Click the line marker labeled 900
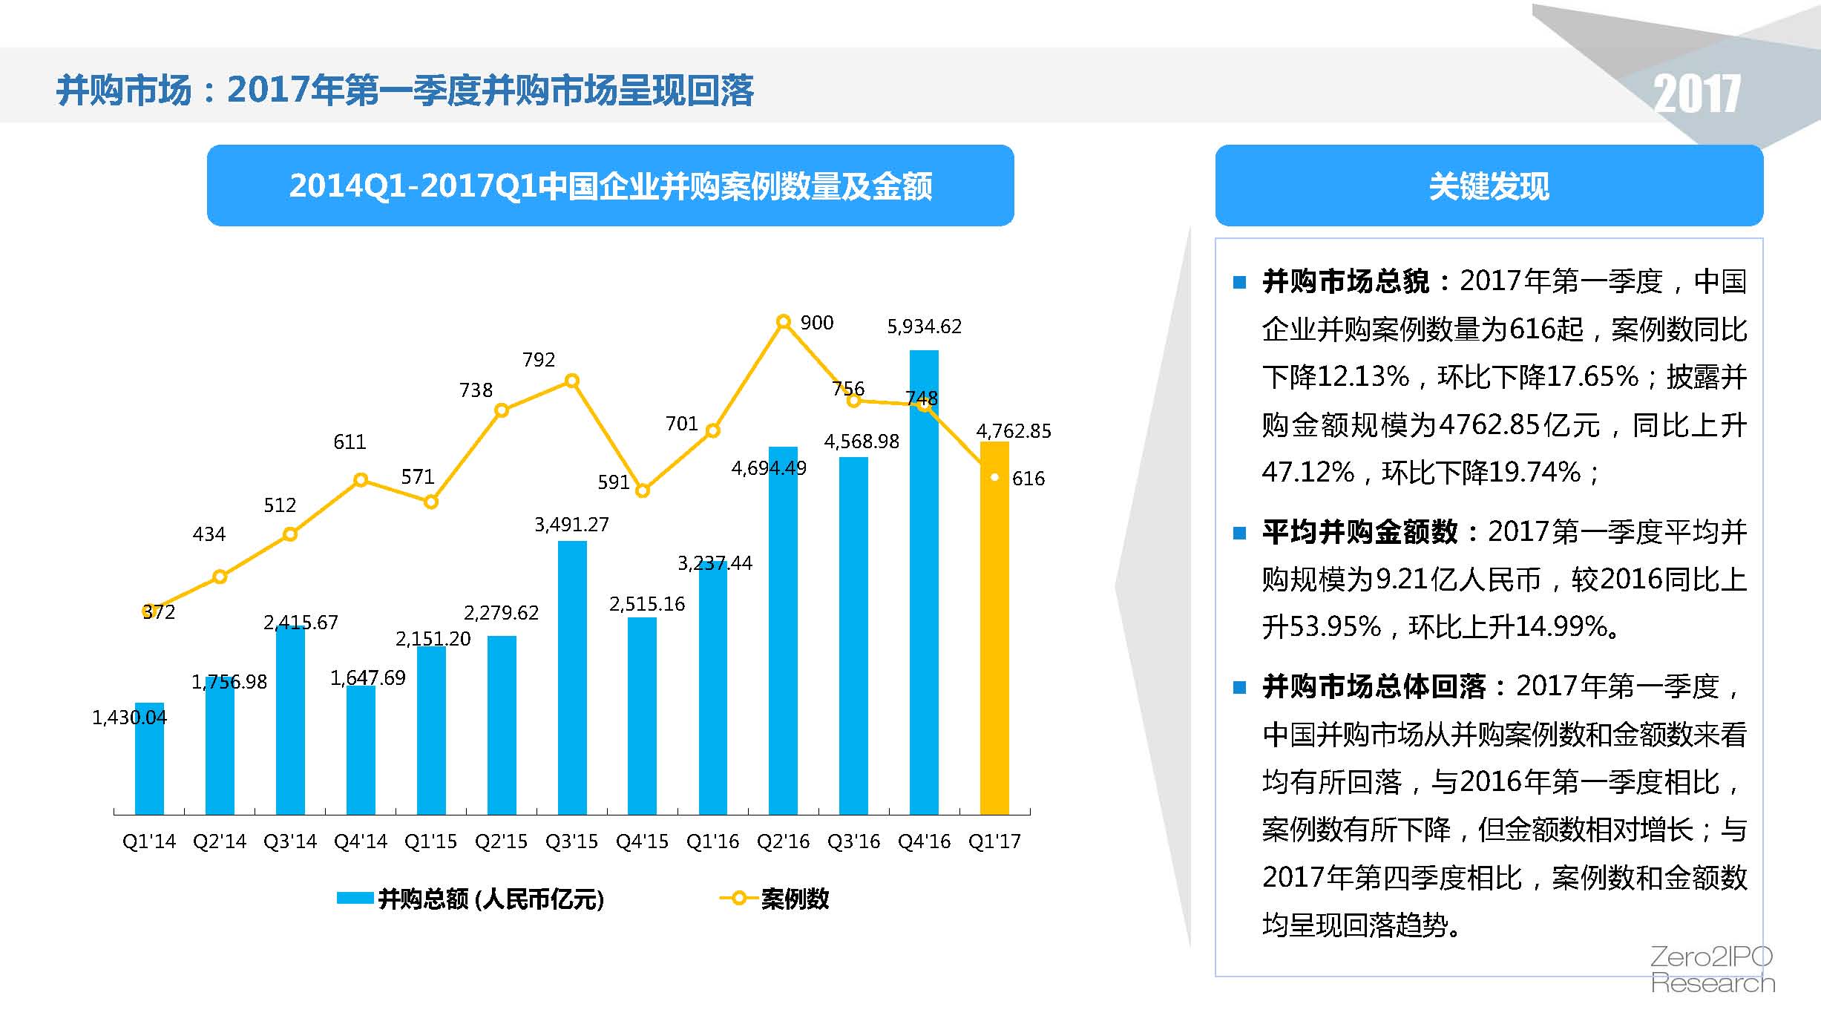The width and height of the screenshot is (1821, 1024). click(x=784, y=321)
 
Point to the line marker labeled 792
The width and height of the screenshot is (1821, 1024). click(x=572, y=381)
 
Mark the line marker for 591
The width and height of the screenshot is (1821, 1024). click(x=643, y=490)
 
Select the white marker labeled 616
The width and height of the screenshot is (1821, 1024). click(x=994, y=477)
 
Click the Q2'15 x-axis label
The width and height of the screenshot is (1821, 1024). click(x=501, y=841)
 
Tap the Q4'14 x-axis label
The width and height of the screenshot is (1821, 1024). click(x=361, y=841)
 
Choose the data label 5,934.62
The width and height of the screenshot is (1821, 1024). click(x=924, y=326)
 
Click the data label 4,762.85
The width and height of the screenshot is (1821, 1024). click(x=1014, y=431)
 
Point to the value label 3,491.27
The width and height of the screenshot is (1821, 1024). click(x=571, y=525)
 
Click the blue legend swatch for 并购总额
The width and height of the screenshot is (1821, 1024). click(x=355, y=899)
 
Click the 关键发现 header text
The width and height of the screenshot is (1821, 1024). click(x=1489, y=186)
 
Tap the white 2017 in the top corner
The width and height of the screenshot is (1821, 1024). click(x=1696, y=94)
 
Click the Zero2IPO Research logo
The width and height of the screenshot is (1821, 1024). click(x=1712, y=969)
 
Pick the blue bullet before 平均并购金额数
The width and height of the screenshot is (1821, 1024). click(x=1238, y=533)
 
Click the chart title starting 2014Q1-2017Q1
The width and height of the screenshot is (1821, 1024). click(x=610, y=186)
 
